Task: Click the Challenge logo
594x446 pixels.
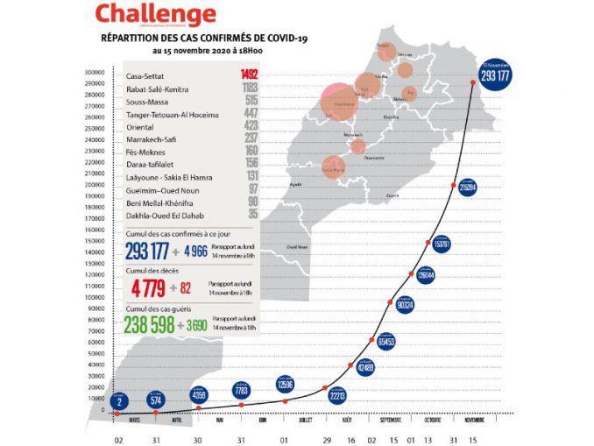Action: pos(155,15)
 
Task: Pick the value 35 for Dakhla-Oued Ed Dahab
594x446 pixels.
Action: pos(251,212)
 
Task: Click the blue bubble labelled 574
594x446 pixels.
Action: pos(158,400)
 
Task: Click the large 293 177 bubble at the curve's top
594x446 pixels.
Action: pos(496,76)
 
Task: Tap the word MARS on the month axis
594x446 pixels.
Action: pos(136,420)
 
